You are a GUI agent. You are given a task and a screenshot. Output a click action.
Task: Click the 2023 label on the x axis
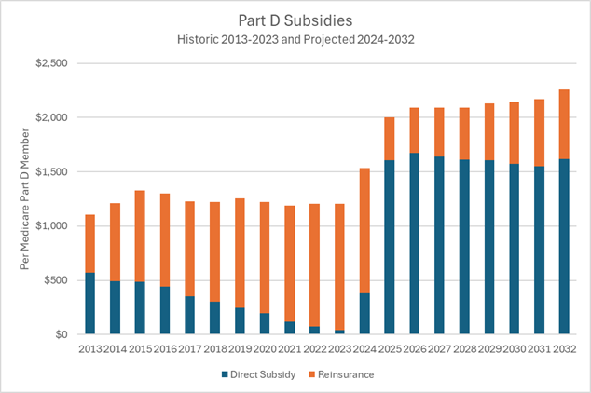pyautogui.click(x=339, y=350)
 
